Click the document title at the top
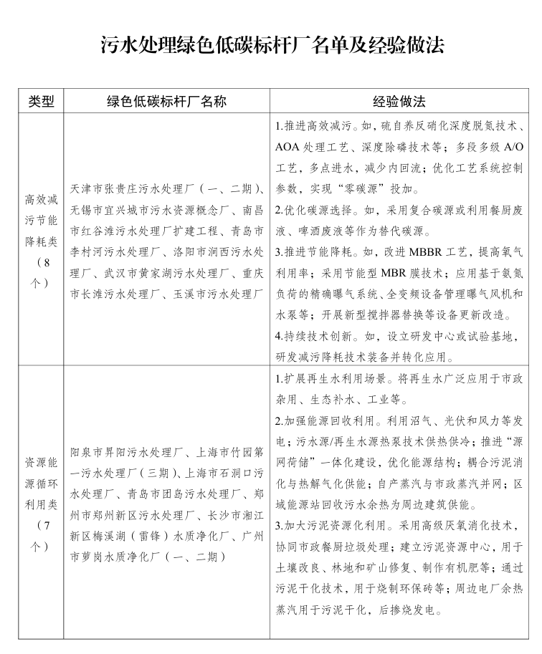272,44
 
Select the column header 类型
41,101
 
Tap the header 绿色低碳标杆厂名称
166,101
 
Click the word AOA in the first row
287,148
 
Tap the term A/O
510,148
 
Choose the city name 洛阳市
189,252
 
